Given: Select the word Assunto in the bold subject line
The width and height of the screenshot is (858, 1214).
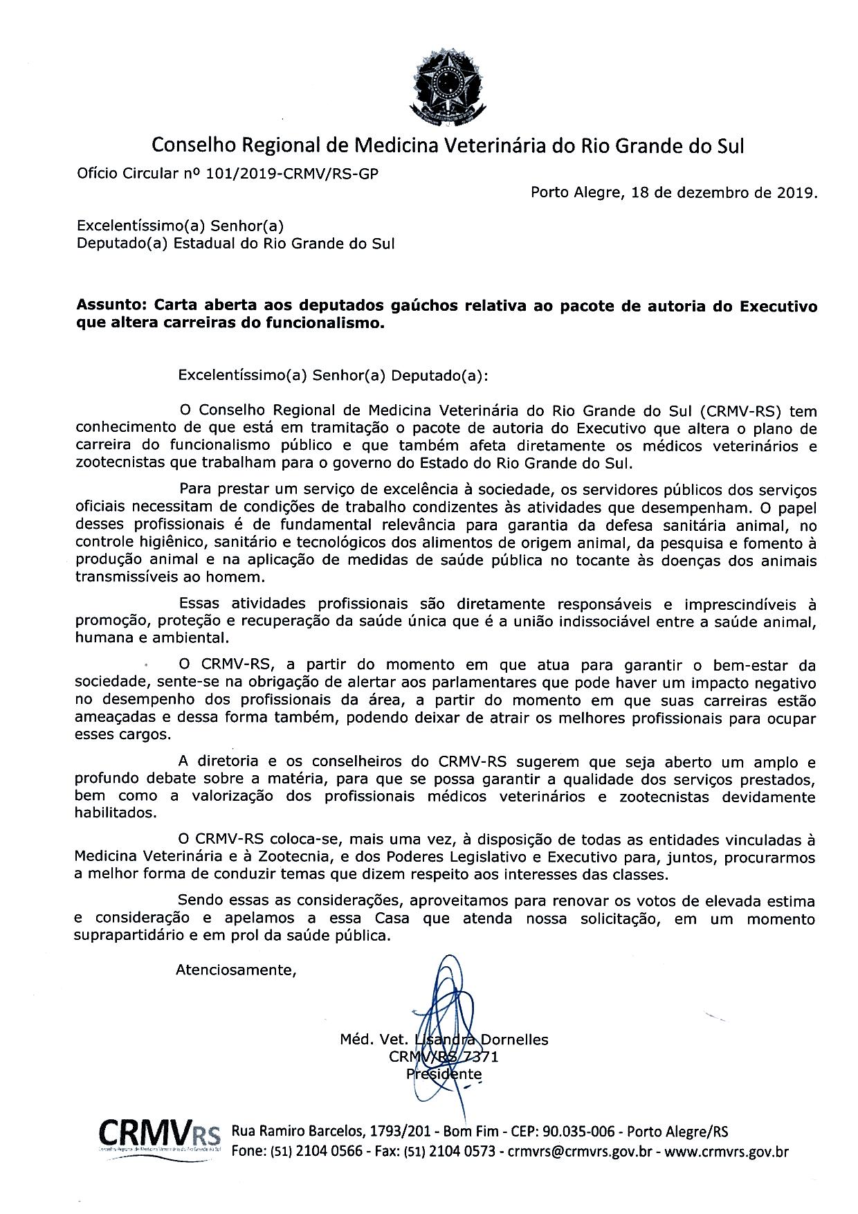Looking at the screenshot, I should [x=111, y=306].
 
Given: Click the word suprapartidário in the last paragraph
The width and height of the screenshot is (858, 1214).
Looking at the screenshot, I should [x=129, y=936].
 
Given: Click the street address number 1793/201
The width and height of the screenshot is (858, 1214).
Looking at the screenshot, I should [x=405, y=1132].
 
